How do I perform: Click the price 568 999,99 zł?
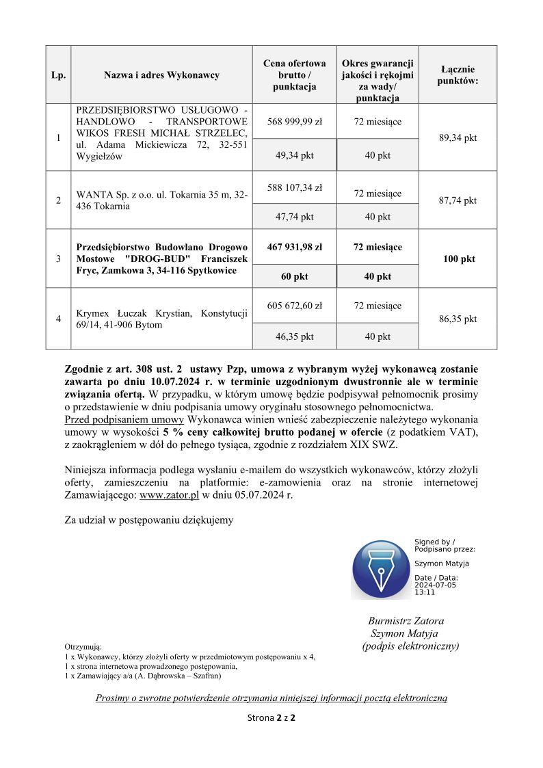click(x=295, y=121)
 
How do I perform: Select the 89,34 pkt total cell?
click(x=458, y=137)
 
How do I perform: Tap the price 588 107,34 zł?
click(x=295, y=187)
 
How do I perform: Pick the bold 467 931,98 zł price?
click(x=295, y=247)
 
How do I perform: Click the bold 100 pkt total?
click(x=458, y=259)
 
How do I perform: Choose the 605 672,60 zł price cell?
click(x=295, y=306)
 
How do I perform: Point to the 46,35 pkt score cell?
click(x=295, y=336)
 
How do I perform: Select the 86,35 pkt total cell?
click(x=458, y=319)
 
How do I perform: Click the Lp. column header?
click(x=58, y=75)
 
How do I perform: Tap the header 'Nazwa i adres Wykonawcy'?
click(x=161, y=75)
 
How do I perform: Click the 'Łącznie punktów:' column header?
click(x=458, y=75)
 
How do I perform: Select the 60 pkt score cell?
click(x=295, y=276)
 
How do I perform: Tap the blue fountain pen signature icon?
click(x=380, y=570)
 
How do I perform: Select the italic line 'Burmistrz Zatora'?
click(x=406, y=621)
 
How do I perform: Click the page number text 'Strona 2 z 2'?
click(x=271, y=718)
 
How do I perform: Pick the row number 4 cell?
click(x=58, y=319)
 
